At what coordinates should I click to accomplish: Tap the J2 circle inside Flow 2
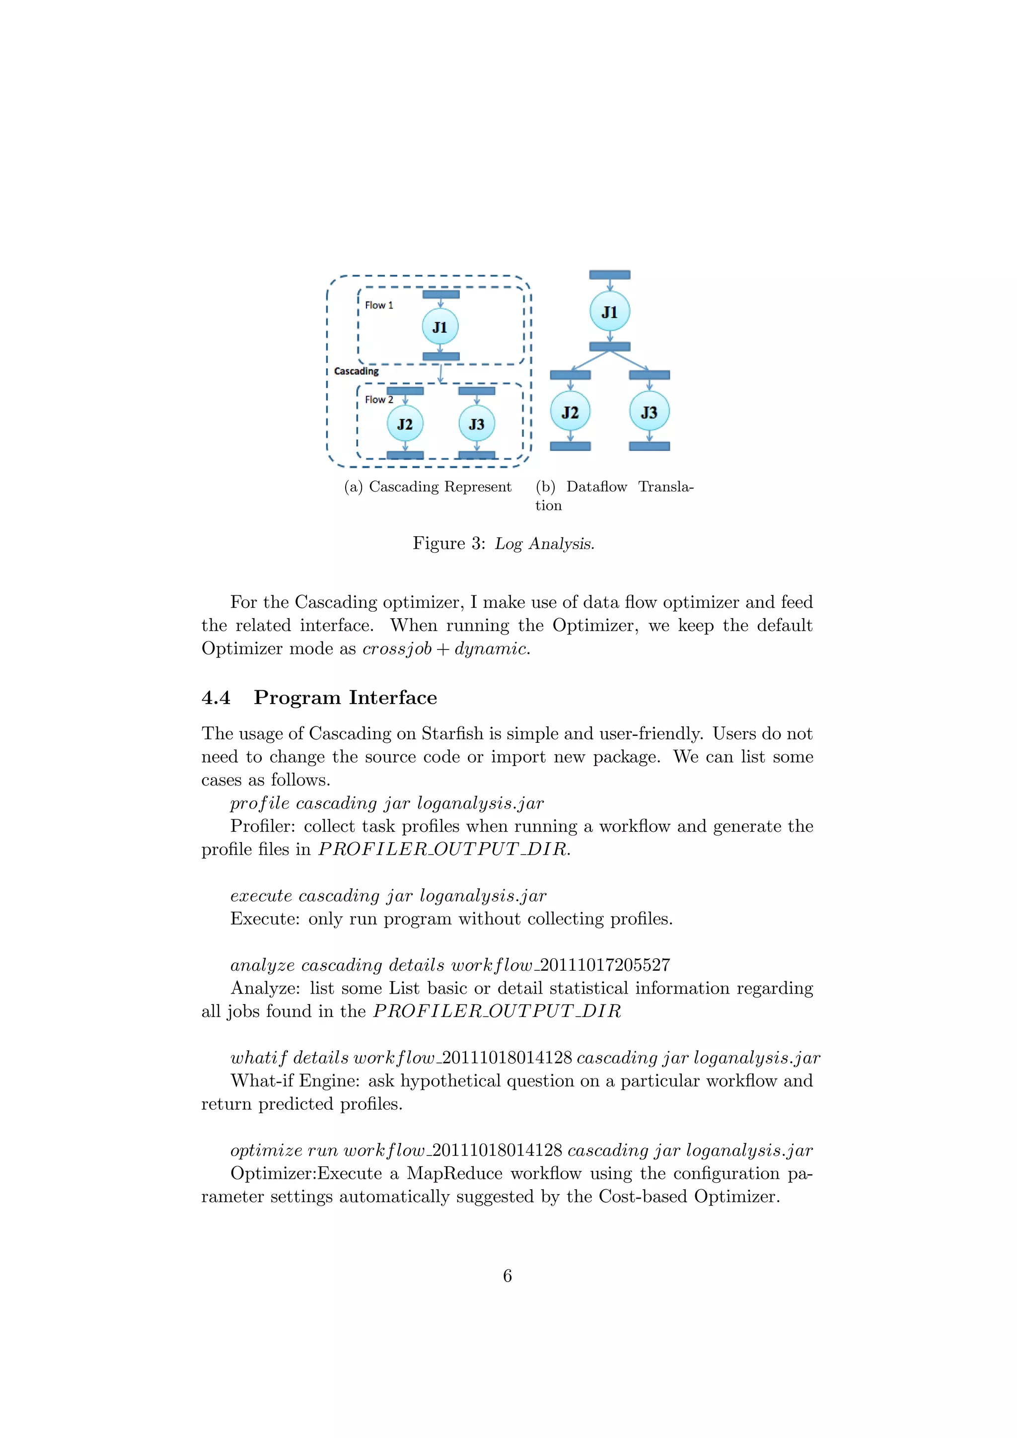tap(405, 424)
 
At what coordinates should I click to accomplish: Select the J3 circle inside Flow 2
tap(477, 424)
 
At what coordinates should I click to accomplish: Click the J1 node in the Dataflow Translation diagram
tap(609, 311)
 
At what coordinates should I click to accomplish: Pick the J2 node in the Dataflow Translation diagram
tap(570, 412)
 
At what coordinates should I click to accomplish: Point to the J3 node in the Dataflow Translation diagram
tap(649, 412)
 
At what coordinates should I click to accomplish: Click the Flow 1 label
tap(379, 305)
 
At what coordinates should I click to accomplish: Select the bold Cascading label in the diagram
tap(357, 371)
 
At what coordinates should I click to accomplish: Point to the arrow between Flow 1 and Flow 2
tap(441, 374)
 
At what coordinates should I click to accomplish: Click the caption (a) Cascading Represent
tap(428, 487)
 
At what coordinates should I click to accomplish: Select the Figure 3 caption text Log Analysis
tap(544, 544)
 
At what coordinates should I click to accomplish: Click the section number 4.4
tap(216, 698)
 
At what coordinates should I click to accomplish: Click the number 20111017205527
tap(605, 965)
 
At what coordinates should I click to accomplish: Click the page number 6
tap(507, 1276)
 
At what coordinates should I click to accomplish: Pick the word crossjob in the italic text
tap(397, 649)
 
